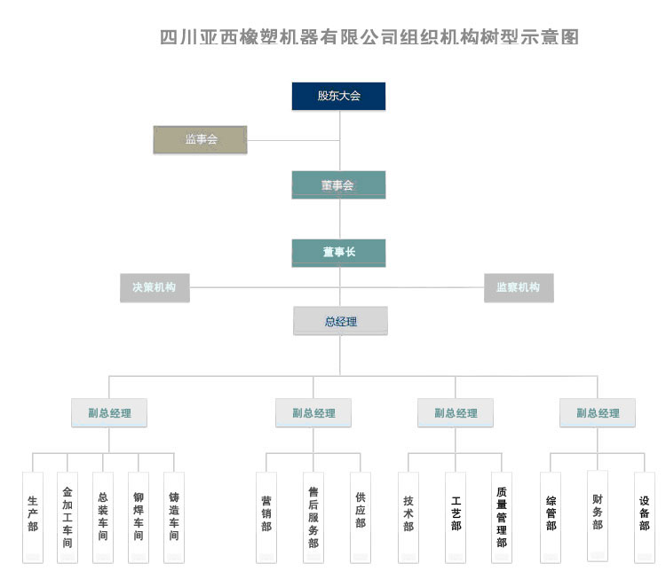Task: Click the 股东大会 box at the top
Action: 338,96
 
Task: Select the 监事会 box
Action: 201,140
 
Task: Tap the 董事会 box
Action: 338,184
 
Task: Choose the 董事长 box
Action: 338,253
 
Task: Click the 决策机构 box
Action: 155,287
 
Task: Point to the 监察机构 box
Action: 519,287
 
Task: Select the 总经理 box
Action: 340,321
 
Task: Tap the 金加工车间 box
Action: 67,516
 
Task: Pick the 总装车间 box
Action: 103,516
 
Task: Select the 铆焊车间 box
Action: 139,516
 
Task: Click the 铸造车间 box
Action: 174,516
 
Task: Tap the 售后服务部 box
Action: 313,516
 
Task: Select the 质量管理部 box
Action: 502,516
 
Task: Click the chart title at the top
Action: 369,37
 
